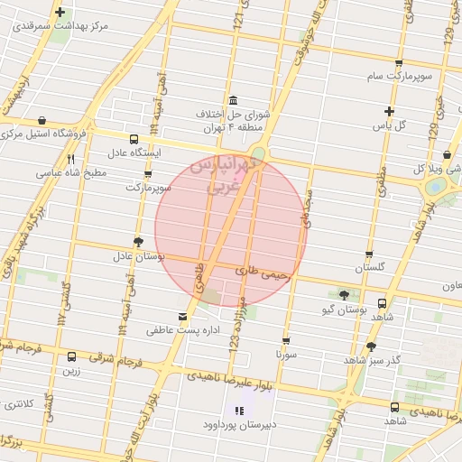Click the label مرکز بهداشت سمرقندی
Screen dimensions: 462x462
(x=60, y=28)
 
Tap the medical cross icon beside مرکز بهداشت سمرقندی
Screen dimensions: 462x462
(x=60, y=13)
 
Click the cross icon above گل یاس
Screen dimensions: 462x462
(x=388, y=111)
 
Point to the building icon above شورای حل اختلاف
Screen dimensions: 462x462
(x=233, y=99)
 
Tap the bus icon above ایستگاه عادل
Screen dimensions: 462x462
(x=134, y=139)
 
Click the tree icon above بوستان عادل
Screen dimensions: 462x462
(x=137, y=242)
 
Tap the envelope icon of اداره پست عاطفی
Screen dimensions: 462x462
(x=184, y=317)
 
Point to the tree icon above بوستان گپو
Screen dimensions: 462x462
(x=343, y=295)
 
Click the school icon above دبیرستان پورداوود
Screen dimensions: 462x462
(x=236, y=411)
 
